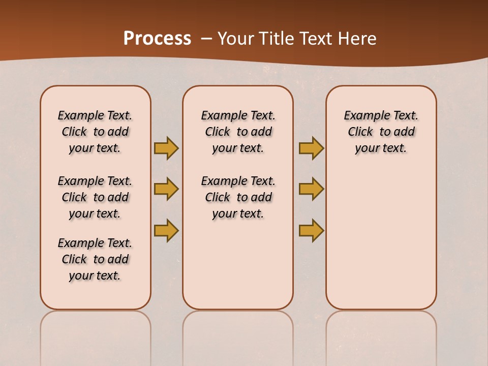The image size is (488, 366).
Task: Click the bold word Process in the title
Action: [x=157, y=39]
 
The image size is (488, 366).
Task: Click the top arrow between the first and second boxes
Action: [x=166, y=148]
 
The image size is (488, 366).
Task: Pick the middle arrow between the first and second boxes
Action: [x=166, y=189]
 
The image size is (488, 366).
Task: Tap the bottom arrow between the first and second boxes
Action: [x=166, y=230]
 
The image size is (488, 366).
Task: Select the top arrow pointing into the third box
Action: [x=311, y=148]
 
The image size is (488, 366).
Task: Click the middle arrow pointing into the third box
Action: [x=311, y=189]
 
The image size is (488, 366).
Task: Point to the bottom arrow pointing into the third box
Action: [x=311, y=230]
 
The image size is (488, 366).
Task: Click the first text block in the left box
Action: [x=95, y=132]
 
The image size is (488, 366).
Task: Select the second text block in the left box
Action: [x=95, y=197]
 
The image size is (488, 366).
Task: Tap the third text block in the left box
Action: [x=95, y=259]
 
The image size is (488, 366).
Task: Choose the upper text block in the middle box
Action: [x=238, y=132]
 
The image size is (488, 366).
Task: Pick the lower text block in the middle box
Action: [x=238, y=197]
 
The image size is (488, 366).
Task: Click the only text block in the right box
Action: [x=381, y=132]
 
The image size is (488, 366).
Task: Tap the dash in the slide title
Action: [x=206, y=39]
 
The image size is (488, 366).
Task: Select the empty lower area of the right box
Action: [x=381, y=239]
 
